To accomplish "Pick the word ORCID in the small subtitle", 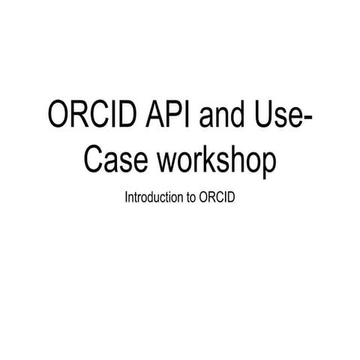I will (x=217, y=199).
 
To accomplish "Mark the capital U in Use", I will (x=264, y=117).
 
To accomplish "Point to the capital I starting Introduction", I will (x=127, y=199).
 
